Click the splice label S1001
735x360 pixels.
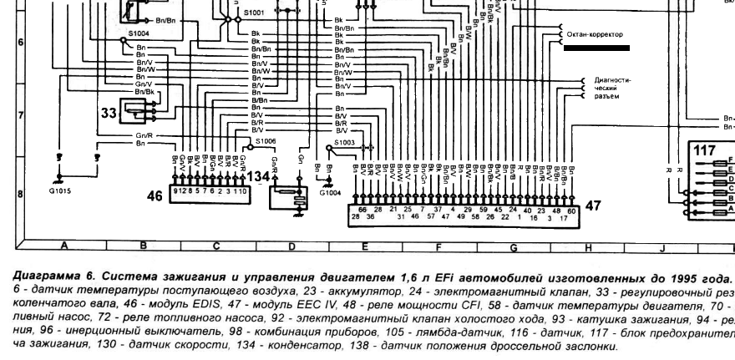tap(254, 13)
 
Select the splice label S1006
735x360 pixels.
tap(266, 142)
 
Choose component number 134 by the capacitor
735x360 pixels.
tap(260, 177)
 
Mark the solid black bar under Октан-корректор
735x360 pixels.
tap(596, 49)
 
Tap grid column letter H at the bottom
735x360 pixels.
tap(586, 246)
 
